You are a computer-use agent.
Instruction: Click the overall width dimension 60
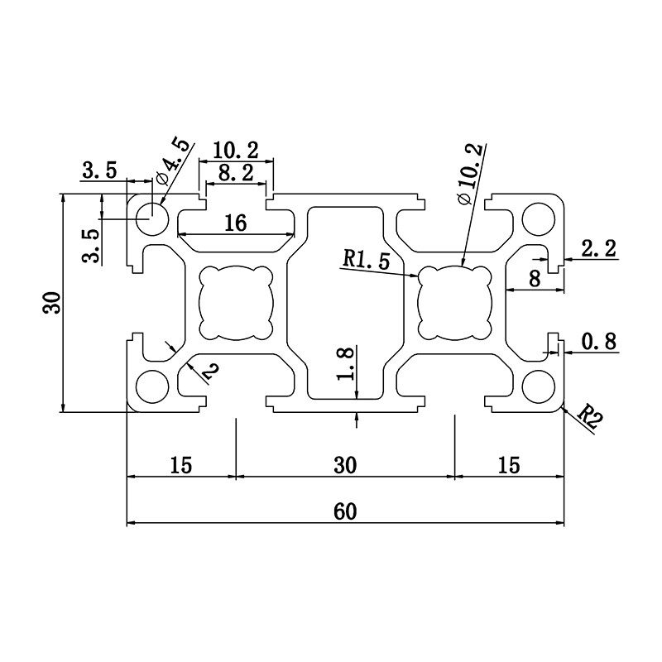coord(345,512)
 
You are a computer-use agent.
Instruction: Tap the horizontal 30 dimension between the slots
coord(345,465)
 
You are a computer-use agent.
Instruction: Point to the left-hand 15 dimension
coord(180,465)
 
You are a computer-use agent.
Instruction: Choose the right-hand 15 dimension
coord(509,465)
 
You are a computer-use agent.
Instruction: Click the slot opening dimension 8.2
coord(236,173)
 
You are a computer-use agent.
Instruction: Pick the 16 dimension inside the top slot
coord(235,223)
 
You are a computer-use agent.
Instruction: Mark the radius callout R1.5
coord(366,260)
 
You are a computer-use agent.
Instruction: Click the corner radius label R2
coord(589,419)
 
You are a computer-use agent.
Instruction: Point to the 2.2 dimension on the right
coord(598,248)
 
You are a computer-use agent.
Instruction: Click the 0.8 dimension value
coord(598,342)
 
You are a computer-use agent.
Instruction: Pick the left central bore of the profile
coord(235,302)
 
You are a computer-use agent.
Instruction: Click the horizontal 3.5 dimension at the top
coord(98,171)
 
